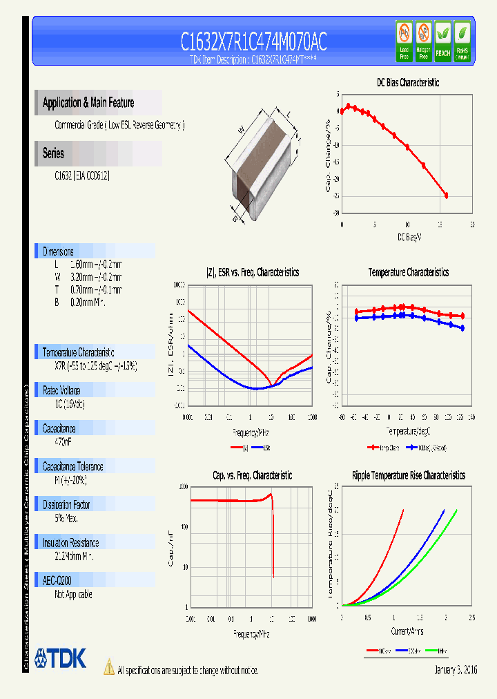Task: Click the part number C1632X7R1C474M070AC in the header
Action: (253, 42)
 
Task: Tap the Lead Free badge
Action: (404, 41)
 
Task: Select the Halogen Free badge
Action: (423, 41)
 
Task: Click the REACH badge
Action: (442, 41)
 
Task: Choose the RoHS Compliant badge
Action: (462, 41)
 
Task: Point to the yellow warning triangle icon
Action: (108, 667)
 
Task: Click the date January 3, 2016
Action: (456, 670)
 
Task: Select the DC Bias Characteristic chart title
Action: (407, 82)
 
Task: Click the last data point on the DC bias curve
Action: (446, 195)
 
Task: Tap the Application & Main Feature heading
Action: (88, 103)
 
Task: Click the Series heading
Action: (53, 153)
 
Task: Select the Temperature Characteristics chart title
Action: (408, 272)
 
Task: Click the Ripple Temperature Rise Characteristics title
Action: (408, 475)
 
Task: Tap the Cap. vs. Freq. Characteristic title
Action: (252, 475)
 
